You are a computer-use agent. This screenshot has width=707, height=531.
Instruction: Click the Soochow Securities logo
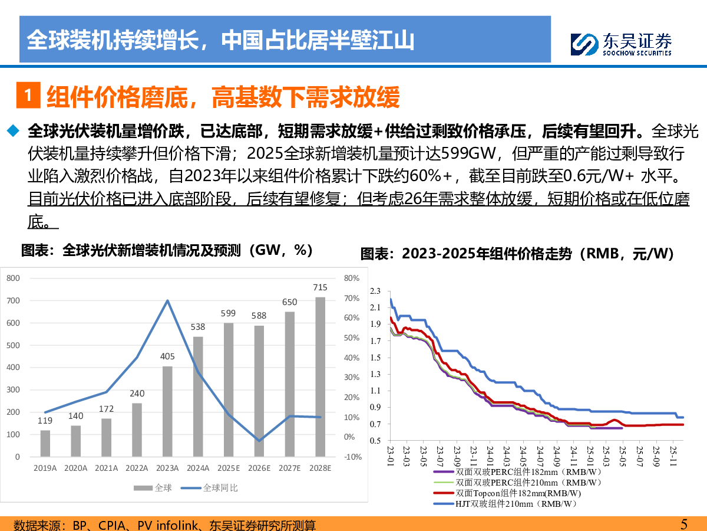point(622,44)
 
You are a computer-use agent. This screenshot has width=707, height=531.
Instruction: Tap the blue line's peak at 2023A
point(167,300)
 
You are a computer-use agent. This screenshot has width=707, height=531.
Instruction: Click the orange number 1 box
point(28,96)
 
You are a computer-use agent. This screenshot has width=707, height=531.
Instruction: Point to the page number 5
point(684,524)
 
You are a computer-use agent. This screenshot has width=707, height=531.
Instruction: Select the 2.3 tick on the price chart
point(375,291)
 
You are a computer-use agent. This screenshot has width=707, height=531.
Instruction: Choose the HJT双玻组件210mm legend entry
point(507,504)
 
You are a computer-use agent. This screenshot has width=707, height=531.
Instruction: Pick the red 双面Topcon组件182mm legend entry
point(507,493)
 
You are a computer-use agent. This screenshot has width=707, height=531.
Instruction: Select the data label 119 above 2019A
point(45,421)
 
